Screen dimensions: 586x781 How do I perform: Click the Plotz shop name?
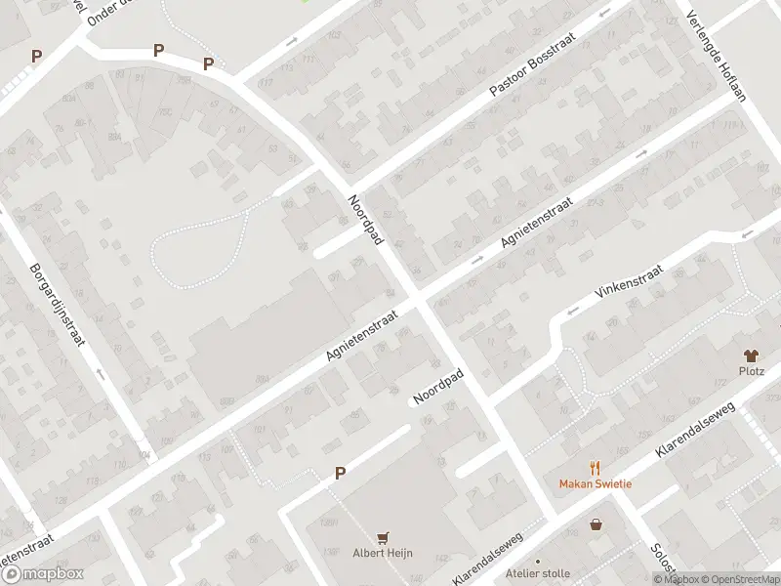pos(751,371)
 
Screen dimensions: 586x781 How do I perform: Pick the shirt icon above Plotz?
pos(751,356)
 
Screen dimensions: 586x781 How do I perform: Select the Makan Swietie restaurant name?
pos(595,484)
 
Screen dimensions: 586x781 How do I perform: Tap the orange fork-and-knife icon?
pos(595,469)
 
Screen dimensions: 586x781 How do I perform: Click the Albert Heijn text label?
pos(383,553)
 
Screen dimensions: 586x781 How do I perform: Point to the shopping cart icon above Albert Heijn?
pos(383,537)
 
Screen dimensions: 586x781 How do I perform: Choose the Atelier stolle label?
pos(538,573)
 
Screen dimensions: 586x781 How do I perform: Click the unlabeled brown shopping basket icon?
pos(596,524)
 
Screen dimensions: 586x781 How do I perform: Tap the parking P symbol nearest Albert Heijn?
pos(340,474)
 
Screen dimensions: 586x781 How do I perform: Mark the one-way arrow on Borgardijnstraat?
pos(99,373)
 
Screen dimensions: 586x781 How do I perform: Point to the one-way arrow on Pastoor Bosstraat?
pos(605,14)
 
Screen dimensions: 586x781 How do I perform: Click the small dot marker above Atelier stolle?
pos(537,561)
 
